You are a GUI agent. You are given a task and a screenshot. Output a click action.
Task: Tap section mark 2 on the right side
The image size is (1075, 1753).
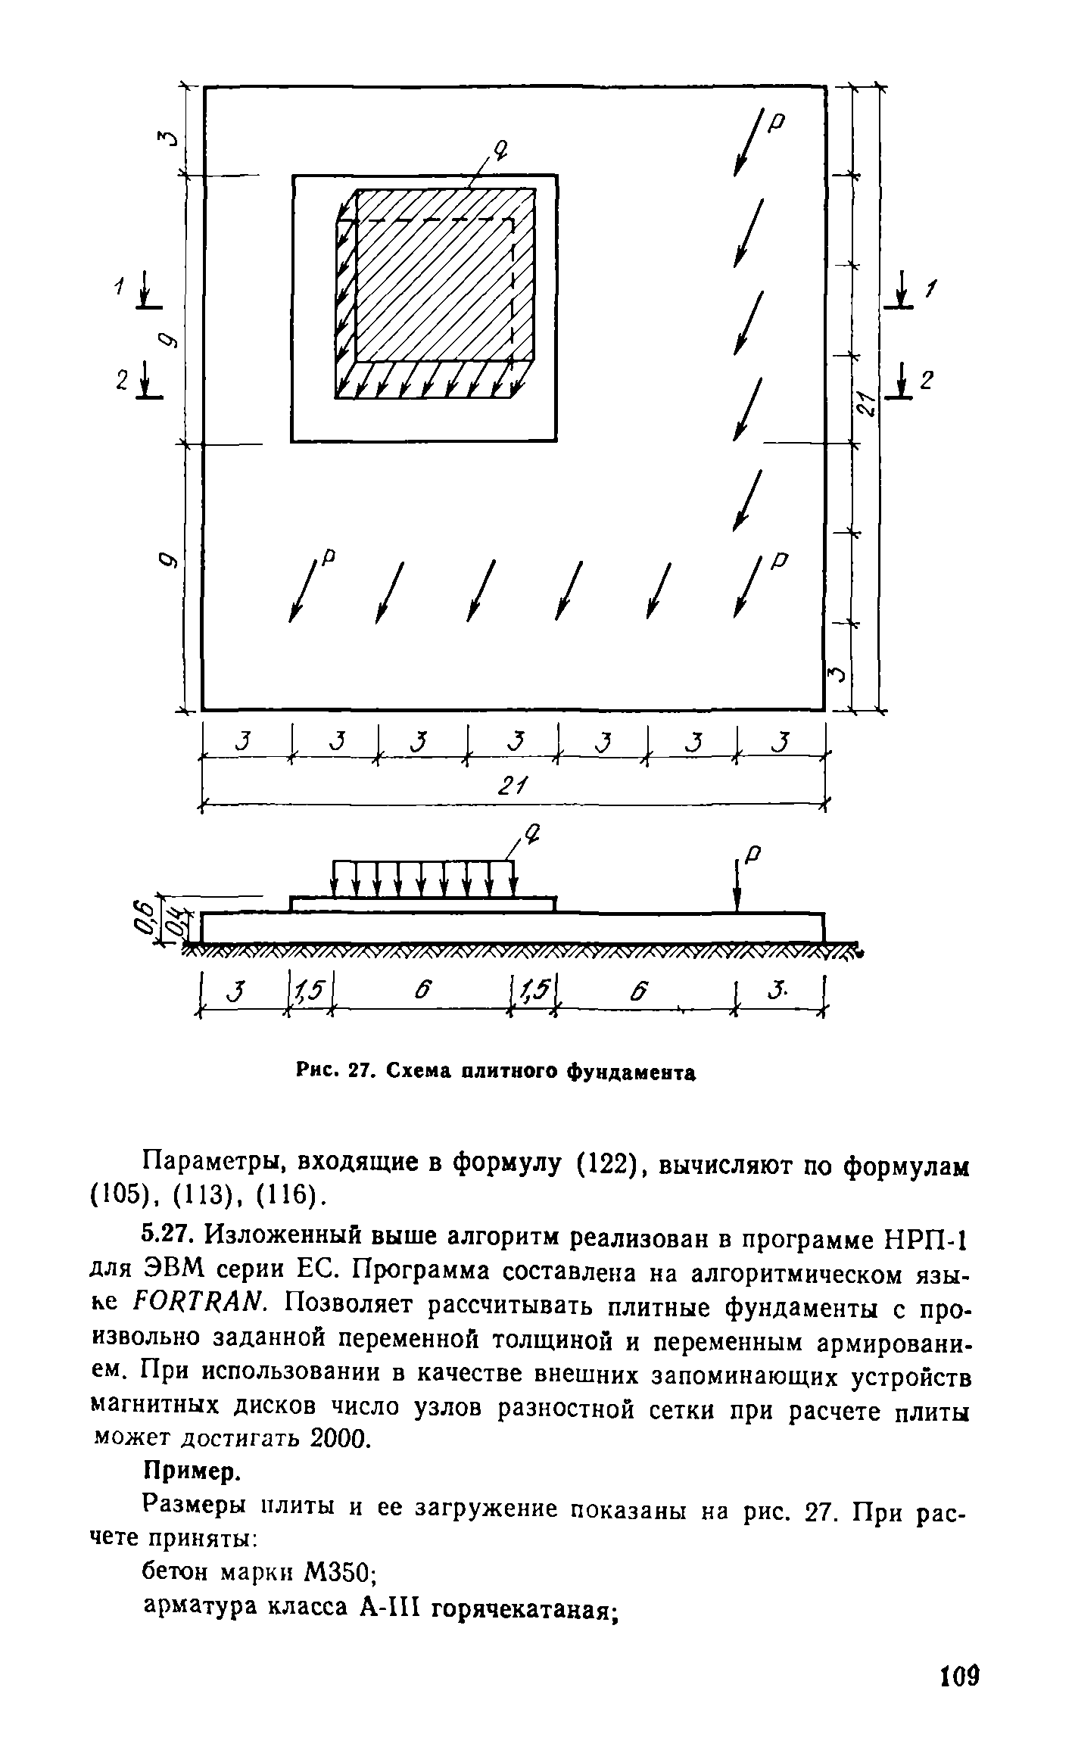[x=924, y=381]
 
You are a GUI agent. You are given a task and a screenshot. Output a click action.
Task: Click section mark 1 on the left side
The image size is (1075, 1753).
[x=118, y=286]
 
